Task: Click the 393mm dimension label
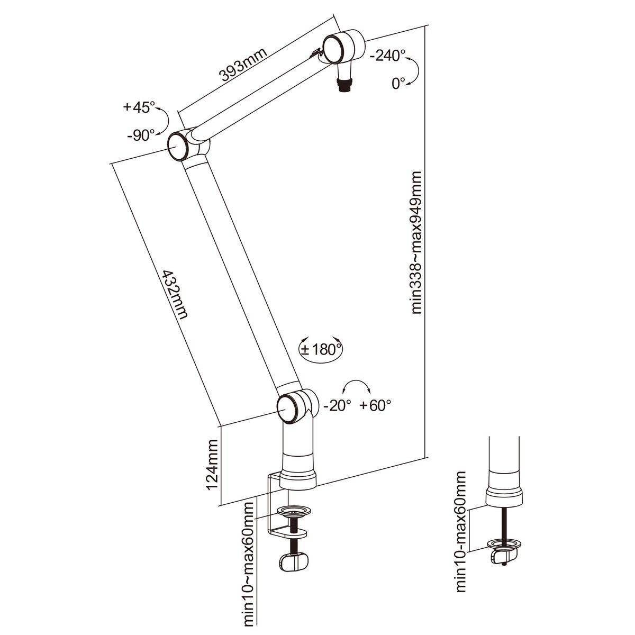242,65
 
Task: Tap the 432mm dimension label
175,294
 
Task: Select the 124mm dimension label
211,465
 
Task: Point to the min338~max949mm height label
416,242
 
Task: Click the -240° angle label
386,56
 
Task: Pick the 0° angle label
398,84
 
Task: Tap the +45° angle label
139,107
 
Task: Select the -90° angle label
141,135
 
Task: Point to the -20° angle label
337,406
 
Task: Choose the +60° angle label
375,405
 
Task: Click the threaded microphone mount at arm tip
345,85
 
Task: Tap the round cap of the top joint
334,49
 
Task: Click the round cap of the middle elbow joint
178,147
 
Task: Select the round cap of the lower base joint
288,409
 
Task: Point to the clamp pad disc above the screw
295,511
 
